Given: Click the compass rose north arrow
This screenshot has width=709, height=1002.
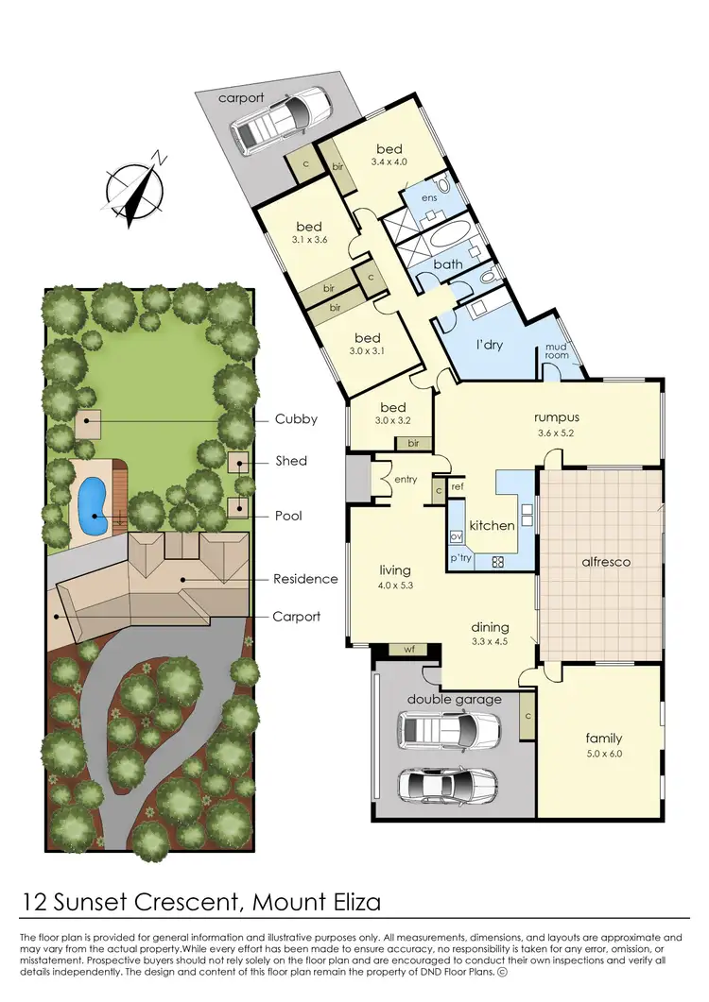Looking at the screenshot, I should (x=135, y=186).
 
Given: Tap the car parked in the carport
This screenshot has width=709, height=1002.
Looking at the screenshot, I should (x=282, y=120).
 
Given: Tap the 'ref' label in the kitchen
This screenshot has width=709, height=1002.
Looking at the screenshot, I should (x=457, y=487).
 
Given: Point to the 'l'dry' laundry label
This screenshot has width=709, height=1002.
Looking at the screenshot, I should (x=489, y=345).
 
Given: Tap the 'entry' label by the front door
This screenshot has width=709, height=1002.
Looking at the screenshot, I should (x=406, y=480).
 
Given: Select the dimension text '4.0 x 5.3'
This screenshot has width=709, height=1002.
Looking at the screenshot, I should (x=395, y=586).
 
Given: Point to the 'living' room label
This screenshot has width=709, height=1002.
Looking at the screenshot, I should (x=395, y=569).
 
